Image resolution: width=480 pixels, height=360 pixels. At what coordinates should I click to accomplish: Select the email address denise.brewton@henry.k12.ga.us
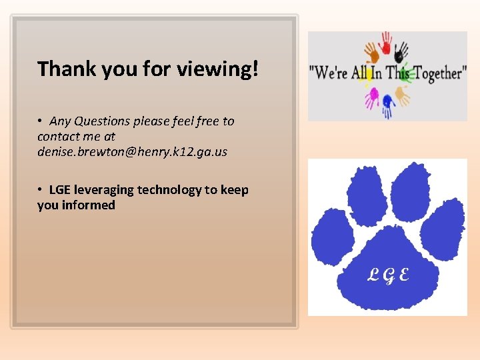(x=132, y=152)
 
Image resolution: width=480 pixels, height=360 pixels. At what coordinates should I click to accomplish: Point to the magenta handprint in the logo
(x=371, y=98)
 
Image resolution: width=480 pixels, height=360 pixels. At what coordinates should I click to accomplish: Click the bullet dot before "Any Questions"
(x=41, y=121)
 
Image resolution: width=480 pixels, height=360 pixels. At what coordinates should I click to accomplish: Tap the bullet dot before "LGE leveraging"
(x=41, y=190)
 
